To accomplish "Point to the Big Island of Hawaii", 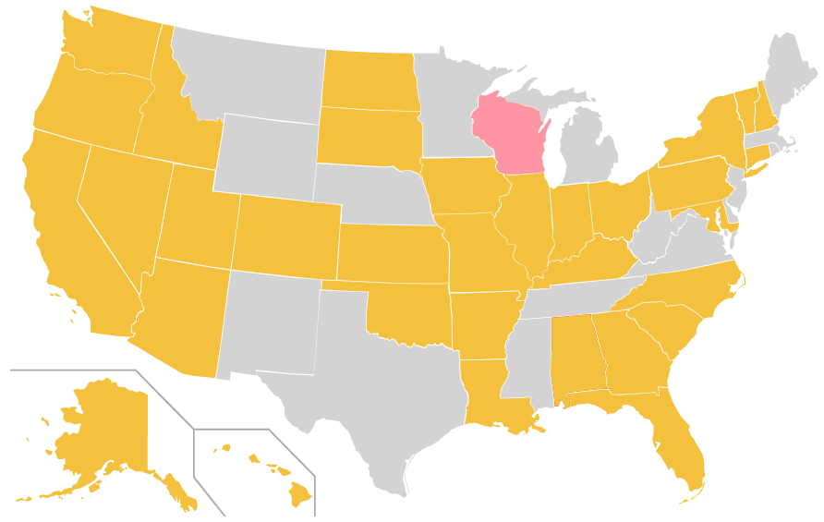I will [x=299, y=495].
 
